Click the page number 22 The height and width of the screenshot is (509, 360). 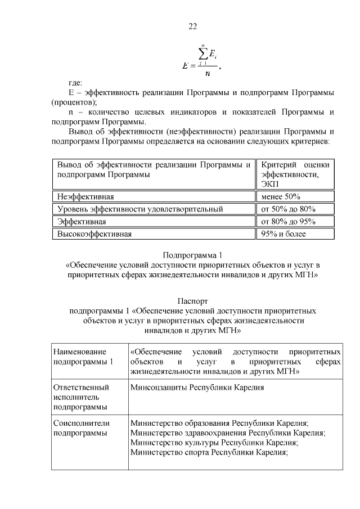point(192,26)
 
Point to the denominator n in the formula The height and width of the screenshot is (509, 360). point(208,72)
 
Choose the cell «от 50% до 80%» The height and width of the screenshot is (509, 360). point(286,209)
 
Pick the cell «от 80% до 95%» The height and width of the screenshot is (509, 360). point(286,222)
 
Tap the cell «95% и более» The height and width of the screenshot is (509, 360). point(281,234)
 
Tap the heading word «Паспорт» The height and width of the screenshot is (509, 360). point(192,301)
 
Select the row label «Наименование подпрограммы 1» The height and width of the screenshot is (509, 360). point(83,357)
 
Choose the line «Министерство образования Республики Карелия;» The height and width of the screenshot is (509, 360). point(219,424)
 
